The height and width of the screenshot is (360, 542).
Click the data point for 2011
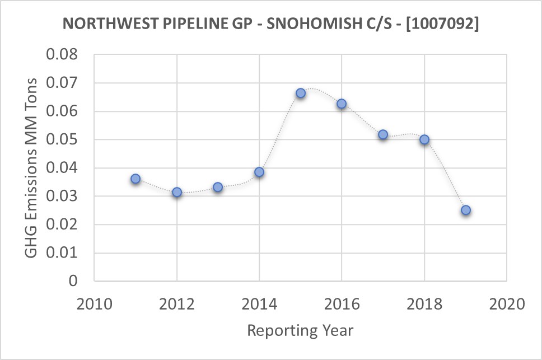coord(135,179)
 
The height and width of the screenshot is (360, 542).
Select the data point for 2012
coord(177,192)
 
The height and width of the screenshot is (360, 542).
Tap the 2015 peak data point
coord(301,93)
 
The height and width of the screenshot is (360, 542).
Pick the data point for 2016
coord(342,104)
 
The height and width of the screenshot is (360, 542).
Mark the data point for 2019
coord(465,210)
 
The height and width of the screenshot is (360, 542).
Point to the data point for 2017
coord(383,134)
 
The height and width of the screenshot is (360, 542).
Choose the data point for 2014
coord(259,172)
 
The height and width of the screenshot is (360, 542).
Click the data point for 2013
coord(218,187)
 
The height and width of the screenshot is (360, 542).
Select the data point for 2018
coord(424,139)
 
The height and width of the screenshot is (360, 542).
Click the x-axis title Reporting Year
coord(301,330)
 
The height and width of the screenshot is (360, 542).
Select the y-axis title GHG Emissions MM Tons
coord(32,168)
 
